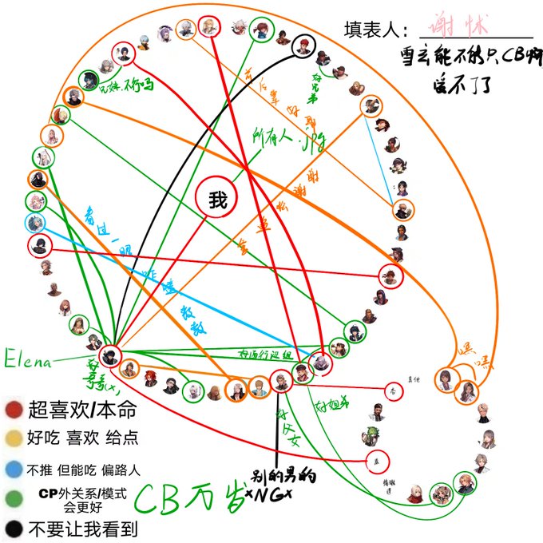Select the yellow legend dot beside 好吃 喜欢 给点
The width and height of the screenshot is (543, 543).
[13, 438]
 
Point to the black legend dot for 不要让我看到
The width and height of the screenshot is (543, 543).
[13, 528]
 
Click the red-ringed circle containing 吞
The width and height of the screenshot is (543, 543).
[392, 390]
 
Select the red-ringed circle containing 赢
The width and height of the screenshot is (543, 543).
[371, 461]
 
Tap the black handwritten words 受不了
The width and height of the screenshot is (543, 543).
[461, 81]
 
